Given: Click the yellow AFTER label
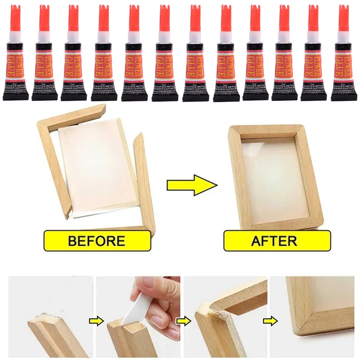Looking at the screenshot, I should click(277, 240).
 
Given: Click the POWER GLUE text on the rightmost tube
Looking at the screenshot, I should click(343, 63).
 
